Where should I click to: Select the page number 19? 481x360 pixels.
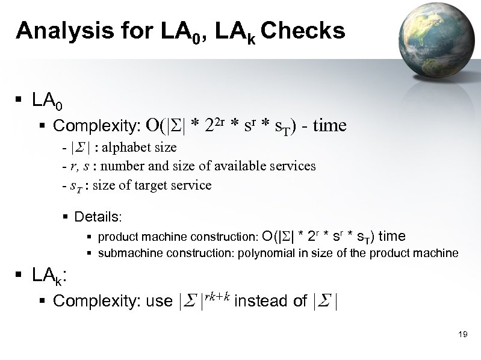pos(463,334)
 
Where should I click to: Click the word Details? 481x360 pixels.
pos(98,216)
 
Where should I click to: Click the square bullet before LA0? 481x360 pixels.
pos(20,101)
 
